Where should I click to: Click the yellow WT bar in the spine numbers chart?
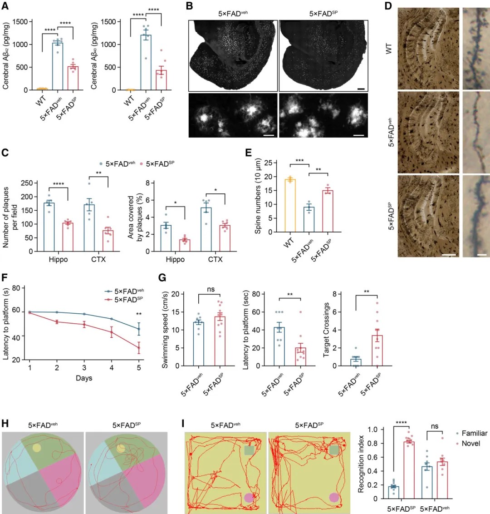(x=289, y=206)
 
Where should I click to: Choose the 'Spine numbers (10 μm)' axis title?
(x=258, y=196)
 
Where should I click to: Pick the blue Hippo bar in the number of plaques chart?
(x=49, y=227)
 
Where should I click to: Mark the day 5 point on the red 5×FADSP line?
(x=139, y=349)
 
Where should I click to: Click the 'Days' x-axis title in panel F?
(x=84, y=378)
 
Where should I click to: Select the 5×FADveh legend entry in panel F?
(x=124, y=292)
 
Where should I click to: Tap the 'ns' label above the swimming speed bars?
(x=210, y=290)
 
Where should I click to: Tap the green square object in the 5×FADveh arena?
(x=249, y=450)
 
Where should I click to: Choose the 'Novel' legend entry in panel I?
(x=470, y=443)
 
